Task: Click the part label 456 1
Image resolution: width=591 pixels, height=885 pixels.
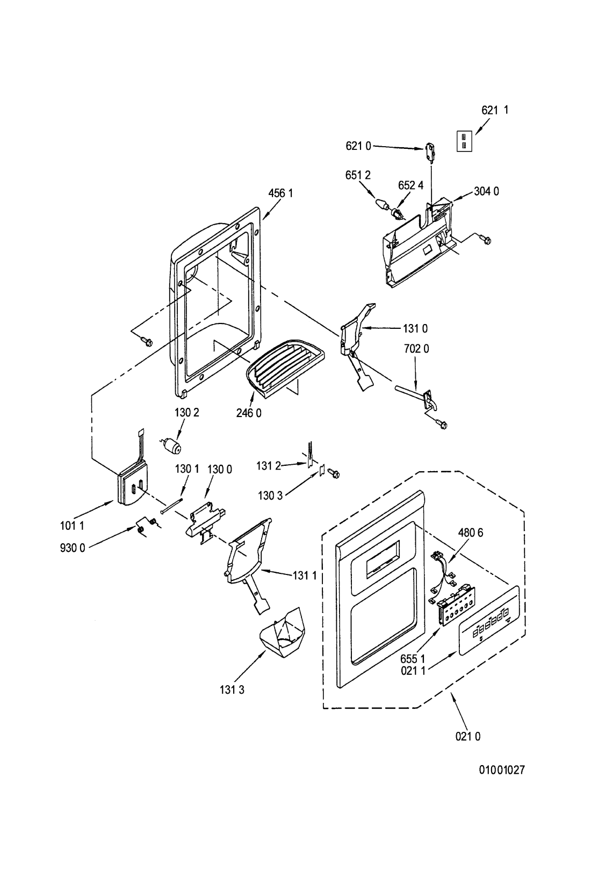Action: (x=280, y=193)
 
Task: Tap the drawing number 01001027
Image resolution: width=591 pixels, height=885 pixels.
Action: (x=502, y=769)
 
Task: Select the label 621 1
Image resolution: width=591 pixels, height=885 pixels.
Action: (x=495, y=110)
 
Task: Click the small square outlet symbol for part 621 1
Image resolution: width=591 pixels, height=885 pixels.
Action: (x=464, y=141)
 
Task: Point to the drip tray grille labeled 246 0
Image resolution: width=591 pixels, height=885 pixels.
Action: (x=284, y=364)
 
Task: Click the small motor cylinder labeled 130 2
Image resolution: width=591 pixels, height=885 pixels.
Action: (x=170, y=445)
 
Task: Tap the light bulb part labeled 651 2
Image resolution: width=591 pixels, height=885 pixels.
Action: (x=381, y=205)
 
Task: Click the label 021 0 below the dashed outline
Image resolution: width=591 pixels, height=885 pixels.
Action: (x=468, y=737)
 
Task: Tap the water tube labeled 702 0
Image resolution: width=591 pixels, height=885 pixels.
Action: (x=416, y=399)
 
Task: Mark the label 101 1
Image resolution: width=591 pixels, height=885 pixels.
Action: (x=72, y=526)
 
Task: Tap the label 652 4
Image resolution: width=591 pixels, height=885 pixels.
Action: (x=411, y=185)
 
